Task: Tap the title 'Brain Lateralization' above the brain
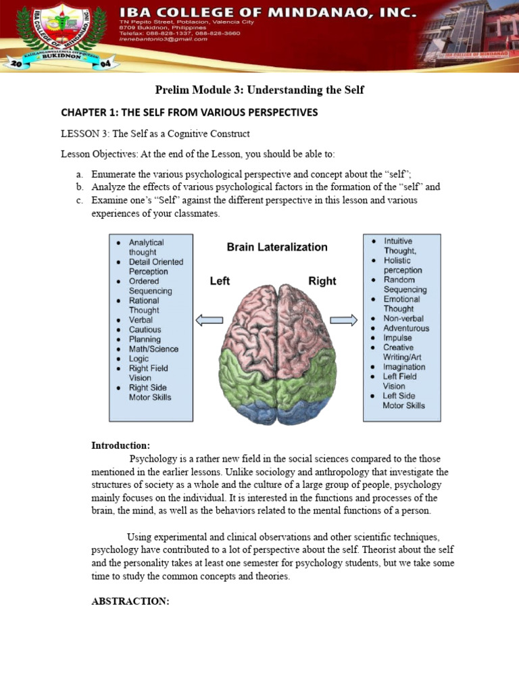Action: [276, 247]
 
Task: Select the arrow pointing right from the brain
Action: [344, 320]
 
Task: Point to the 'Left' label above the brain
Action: [220, 281]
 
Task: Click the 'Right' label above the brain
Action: [322, 281]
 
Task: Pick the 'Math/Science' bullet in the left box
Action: [153, 349]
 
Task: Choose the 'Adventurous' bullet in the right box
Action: [405, 328]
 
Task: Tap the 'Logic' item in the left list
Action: [139, 359]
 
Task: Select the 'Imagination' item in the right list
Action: [404, 367]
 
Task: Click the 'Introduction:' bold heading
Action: [121, 445]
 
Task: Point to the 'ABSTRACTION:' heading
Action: [130, 601]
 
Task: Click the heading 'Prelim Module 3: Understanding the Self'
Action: [259, 90]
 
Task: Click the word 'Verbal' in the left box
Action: [141, 320]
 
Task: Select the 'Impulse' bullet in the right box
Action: [397, 338]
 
